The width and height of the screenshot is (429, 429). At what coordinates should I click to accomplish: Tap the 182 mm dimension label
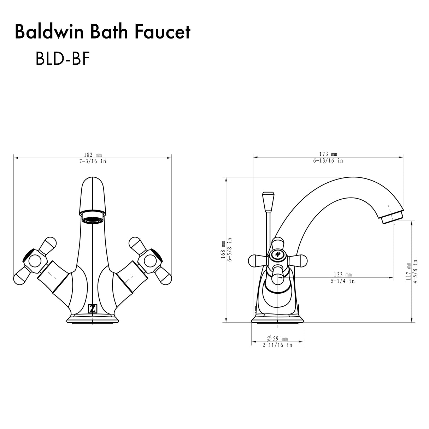(93, 155)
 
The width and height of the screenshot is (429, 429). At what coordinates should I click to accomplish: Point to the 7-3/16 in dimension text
(93, 161)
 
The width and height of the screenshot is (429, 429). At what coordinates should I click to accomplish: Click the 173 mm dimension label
(328, 154)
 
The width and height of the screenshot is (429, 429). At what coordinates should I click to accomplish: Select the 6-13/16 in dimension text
(328, 160)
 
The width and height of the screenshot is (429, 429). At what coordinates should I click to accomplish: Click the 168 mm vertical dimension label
(223, 249)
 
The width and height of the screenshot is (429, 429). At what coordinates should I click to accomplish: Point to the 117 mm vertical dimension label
(409, 271)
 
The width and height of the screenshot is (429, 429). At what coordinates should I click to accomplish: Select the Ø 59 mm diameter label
(277, 339)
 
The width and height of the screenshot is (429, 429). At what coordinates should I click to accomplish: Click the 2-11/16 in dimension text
(277, 345)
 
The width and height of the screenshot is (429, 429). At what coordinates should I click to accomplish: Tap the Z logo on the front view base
(92, 308)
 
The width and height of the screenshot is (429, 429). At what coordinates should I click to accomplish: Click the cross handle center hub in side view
(277, 255)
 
